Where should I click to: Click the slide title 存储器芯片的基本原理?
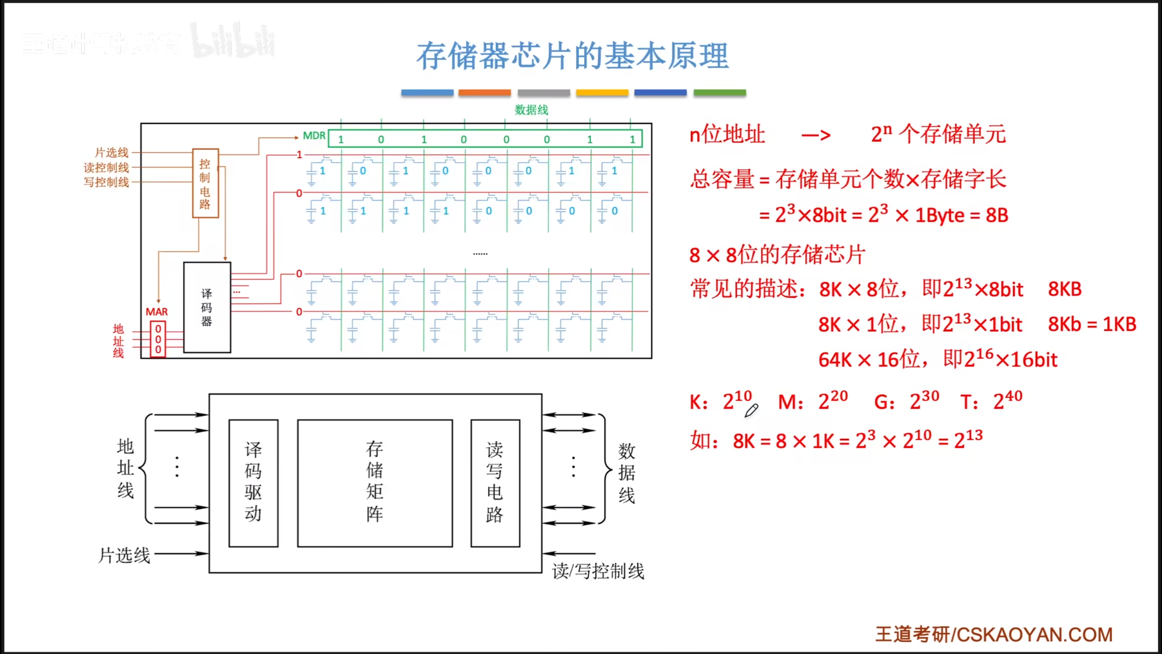click(x=573, y=56)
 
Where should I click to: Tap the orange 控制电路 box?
click(x=205, y=183)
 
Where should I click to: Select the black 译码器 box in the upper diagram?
click(x=207, y=307)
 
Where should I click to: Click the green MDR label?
click(x=314, y=136)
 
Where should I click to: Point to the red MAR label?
click(x=157, y=312)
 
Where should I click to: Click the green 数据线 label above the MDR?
click(x=531, y=110)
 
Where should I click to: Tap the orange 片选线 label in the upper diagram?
click(x=112, y=153)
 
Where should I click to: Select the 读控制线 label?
click(x=106, y=168)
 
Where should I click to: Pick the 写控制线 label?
click(x=106, y=182)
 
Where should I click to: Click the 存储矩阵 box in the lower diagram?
click(x=375, y=483)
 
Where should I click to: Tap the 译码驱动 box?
click(x=253, y=483)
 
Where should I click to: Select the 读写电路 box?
click(x=495, y=483)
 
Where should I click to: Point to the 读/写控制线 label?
click(x=598, y=571)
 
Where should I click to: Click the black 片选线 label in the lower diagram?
click(x=124, y=555)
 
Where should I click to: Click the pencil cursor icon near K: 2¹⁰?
click(x=751, y=411)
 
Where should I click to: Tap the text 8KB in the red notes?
click(x=1065, y=289)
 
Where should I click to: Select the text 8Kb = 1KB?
click(x=1092, y=324)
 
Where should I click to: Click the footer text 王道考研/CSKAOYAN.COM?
click(x=994, y=634)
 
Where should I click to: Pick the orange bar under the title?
click(x=484, y=93)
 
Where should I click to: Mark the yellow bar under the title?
click(x=602, y=93)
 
